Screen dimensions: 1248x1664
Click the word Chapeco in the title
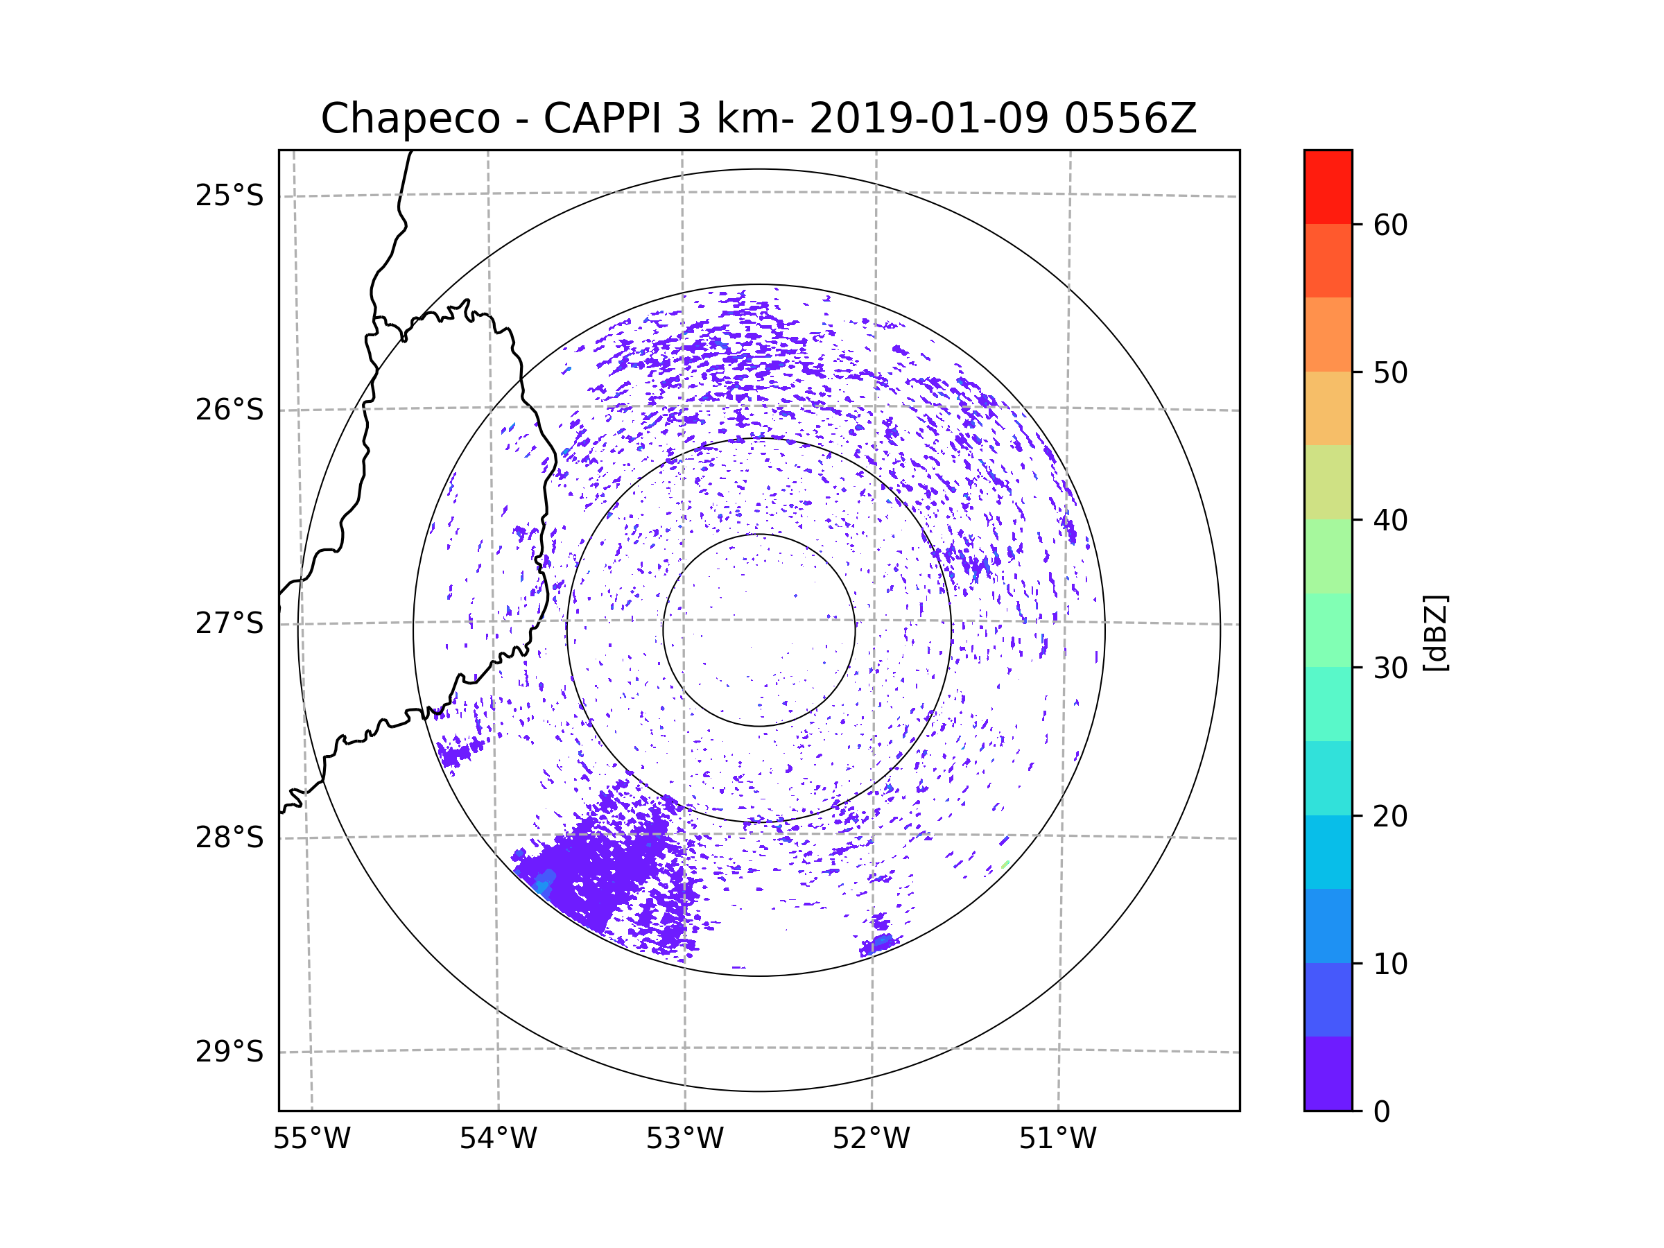pos(410,119)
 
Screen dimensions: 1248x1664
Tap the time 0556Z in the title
pos(1130,119)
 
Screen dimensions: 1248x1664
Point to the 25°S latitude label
pos(229,196)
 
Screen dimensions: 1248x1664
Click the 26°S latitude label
pos(229,410)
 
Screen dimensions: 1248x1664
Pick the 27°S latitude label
pos(229,623)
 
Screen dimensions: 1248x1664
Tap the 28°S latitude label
pos(229,838)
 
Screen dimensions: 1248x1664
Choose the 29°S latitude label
pos(229,1052)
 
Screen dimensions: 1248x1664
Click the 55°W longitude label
pos(311,1139)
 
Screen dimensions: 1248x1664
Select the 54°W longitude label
pos(498,1139)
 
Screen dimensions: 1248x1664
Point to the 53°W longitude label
pos(684,1139)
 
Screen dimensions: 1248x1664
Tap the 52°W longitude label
pos(871,1139)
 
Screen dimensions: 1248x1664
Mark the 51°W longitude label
pos(1057,1139)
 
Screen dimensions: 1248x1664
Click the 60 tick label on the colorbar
pos(1390,225)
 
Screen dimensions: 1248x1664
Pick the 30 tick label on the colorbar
pos(1390,668)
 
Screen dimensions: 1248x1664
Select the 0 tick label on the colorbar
pos(1382,1112)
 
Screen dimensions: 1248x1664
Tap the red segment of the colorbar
pos(1328,187)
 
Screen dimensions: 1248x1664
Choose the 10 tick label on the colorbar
pos(1390,964)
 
